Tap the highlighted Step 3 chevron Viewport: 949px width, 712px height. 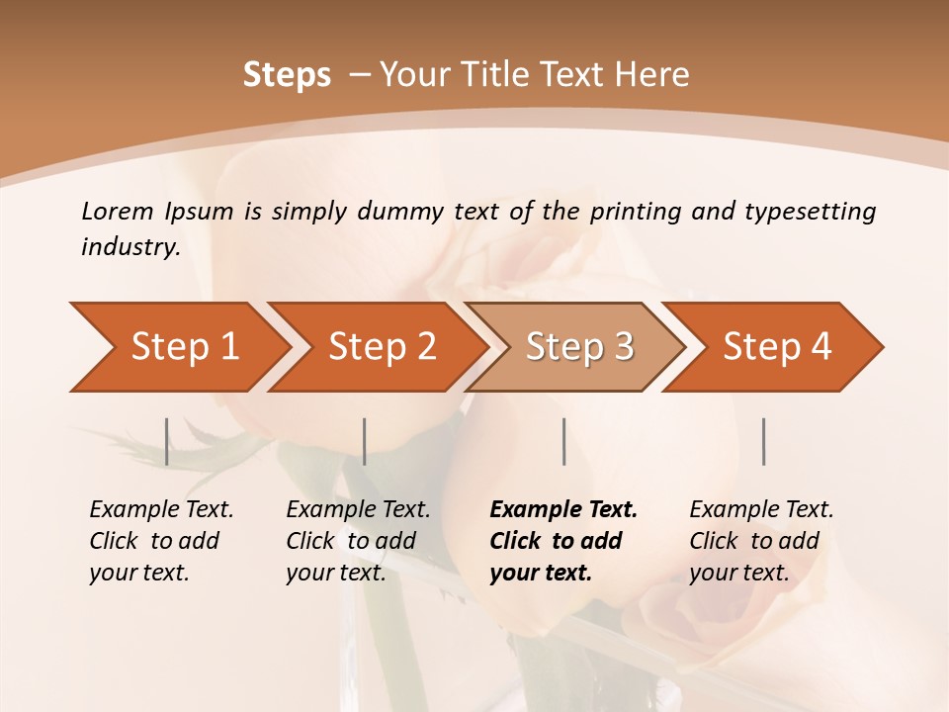click(578, 347)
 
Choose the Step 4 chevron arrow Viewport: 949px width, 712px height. click(776, 347)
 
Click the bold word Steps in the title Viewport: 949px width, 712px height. click(287, 75)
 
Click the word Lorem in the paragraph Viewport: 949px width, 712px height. click(118, 212)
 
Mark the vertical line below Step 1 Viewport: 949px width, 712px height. click(167, 441)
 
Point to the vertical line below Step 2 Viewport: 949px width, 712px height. click(365, 441)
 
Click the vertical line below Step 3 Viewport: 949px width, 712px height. click(563, 441)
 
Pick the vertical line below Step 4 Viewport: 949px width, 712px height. click(763, 441)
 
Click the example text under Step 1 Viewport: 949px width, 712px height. click(161, 541)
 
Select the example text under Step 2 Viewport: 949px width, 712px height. click(358, 541)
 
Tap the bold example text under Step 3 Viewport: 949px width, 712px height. click(563, 541)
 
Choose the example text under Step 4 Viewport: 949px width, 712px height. click(761, 541)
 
